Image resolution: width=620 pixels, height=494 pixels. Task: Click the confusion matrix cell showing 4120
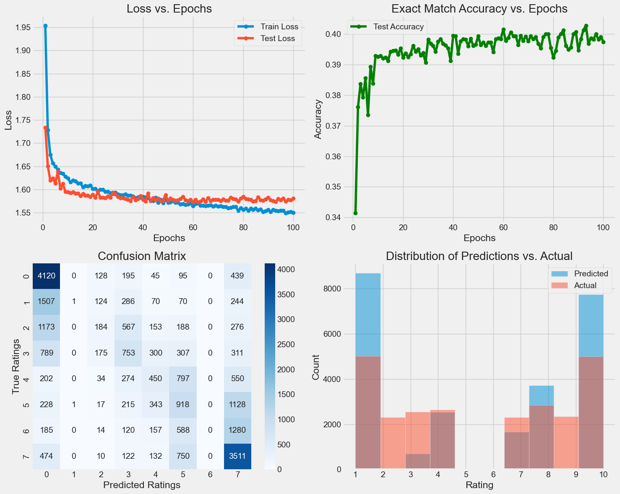click(x=46, y=276)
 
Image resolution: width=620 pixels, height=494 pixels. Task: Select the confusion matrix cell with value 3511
click(x=237, y=456)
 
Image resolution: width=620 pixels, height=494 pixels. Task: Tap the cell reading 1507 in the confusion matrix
click(x=46, y=302)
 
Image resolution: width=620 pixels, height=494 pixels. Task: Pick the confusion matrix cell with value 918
click(x=183, y=405)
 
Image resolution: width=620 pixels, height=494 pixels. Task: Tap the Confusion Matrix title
click(x=142, y=256)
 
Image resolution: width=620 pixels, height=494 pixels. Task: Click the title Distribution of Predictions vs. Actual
click(x=479, y=256)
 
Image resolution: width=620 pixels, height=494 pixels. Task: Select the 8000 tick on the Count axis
click(x=333, y=289)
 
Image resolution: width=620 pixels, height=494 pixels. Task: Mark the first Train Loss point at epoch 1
click(x=45, y=26)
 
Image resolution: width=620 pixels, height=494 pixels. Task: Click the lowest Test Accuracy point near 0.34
click(x=355, y=213)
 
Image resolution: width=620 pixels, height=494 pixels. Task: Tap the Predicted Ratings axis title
click(x=142, y=485)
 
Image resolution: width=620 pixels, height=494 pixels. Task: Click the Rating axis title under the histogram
click(x=479, y=486)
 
